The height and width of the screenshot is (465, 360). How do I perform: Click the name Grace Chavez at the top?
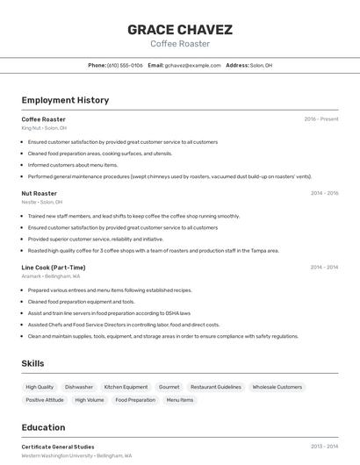pos(180,29)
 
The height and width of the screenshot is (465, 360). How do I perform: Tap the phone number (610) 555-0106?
pos(125,66)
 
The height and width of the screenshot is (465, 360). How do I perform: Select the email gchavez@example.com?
pos(193,66)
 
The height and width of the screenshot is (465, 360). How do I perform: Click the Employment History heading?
pos(65,100)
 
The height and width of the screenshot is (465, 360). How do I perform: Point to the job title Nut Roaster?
pos(40,193)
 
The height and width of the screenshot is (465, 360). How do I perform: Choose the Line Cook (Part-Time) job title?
pos(54,268)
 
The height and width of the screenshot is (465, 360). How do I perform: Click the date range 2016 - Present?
pos(320,119)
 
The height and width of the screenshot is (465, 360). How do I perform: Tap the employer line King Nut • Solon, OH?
pos(44,128)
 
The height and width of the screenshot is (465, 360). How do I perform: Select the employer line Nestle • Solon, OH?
pos(42,202)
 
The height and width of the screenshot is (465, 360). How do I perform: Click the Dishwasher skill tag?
pos(79,387)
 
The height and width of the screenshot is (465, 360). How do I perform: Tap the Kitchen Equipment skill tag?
pos(126,387)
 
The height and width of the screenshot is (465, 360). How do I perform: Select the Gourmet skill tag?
pos(169,387)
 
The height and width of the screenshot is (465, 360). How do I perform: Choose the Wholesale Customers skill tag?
pos(277,387)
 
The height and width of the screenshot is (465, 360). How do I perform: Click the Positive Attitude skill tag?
pos(45,400)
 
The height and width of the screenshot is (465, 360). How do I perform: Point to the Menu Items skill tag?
pos(180,400)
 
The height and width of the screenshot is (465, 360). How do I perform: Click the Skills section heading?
pos(33,363)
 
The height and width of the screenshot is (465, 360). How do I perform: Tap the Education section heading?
pos(43,427)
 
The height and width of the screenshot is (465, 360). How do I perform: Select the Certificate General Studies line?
pos(58,447)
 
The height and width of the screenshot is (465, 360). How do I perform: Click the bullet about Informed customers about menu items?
pos(73,165)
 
